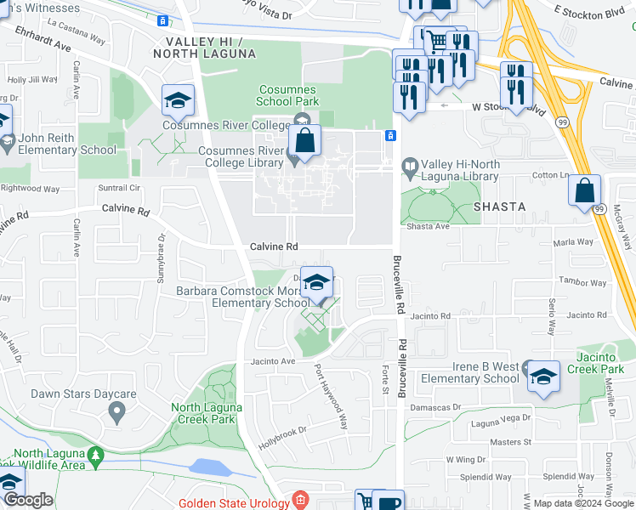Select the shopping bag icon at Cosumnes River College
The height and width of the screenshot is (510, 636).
[x=304, y=142]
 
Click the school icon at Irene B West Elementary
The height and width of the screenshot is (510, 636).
[x=542, y=376]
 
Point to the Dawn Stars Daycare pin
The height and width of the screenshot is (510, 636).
[x=116, y=412]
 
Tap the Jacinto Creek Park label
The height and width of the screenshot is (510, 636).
[x=600, y=363]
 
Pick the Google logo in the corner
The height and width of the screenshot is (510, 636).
[x=28, y=500]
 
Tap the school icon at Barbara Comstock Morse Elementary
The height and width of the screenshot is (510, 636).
[x=316, y=284]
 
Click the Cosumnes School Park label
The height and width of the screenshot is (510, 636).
[x=288, y=95]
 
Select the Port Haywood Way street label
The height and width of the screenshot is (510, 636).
[x=331, y=396]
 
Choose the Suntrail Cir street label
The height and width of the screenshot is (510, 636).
[x=118, y=187]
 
